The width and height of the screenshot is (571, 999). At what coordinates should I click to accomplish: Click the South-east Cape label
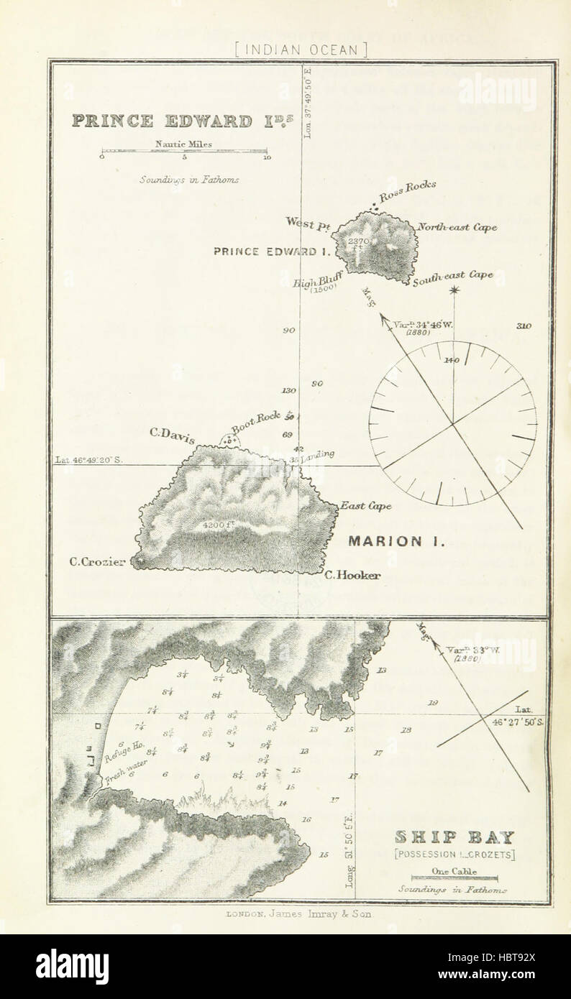452,277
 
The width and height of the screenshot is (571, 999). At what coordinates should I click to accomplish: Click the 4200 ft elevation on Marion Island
220,525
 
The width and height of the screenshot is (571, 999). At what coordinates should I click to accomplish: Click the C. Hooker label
352,575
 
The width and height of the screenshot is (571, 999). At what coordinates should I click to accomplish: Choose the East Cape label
366,506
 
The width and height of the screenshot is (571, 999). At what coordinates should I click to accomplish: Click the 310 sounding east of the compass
523,326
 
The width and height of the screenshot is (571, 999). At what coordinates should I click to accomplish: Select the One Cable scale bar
453,876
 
